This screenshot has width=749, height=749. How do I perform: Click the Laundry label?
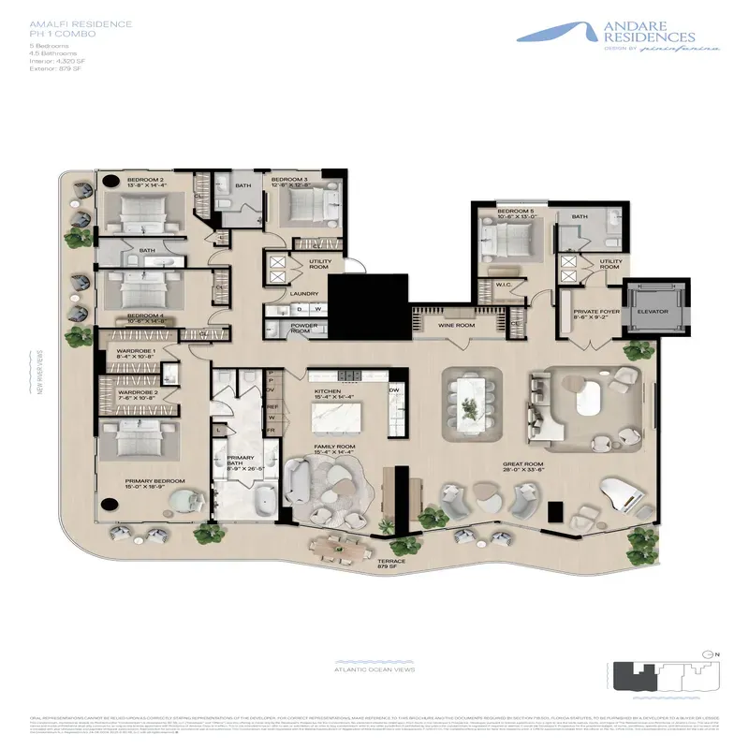click(305, 293)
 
